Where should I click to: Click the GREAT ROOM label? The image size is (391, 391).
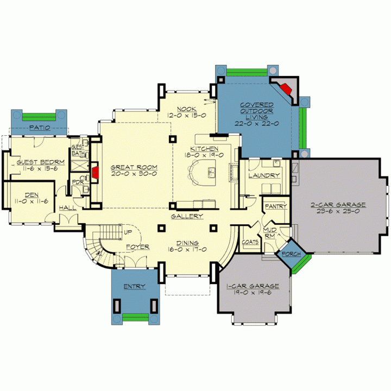134,167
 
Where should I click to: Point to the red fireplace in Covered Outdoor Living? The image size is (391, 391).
286,89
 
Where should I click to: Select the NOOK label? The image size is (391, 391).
186,109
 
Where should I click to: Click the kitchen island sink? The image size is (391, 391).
211,173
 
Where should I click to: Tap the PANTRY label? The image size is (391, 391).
276,206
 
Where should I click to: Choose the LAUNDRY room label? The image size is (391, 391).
264,175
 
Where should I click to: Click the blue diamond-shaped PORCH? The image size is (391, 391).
291,254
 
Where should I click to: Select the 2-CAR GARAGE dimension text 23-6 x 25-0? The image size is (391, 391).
338,211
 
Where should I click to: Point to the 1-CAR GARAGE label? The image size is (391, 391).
253,286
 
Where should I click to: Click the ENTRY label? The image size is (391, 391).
135,287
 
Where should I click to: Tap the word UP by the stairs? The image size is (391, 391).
128,232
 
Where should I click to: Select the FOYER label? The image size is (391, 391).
137,247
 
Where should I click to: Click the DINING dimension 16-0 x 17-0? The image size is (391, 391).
187,249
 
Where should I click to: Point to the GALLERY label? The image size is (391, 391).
187,216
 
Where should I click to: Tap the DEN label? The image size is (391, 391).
31,195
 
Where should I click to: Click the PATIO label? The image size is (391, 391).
40,128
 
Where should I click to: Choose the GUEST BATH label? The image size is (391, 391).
78,150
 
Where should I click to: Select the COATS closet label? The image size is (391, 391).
250,242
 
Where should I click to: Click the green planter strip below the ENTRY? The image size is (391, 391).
136,318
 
